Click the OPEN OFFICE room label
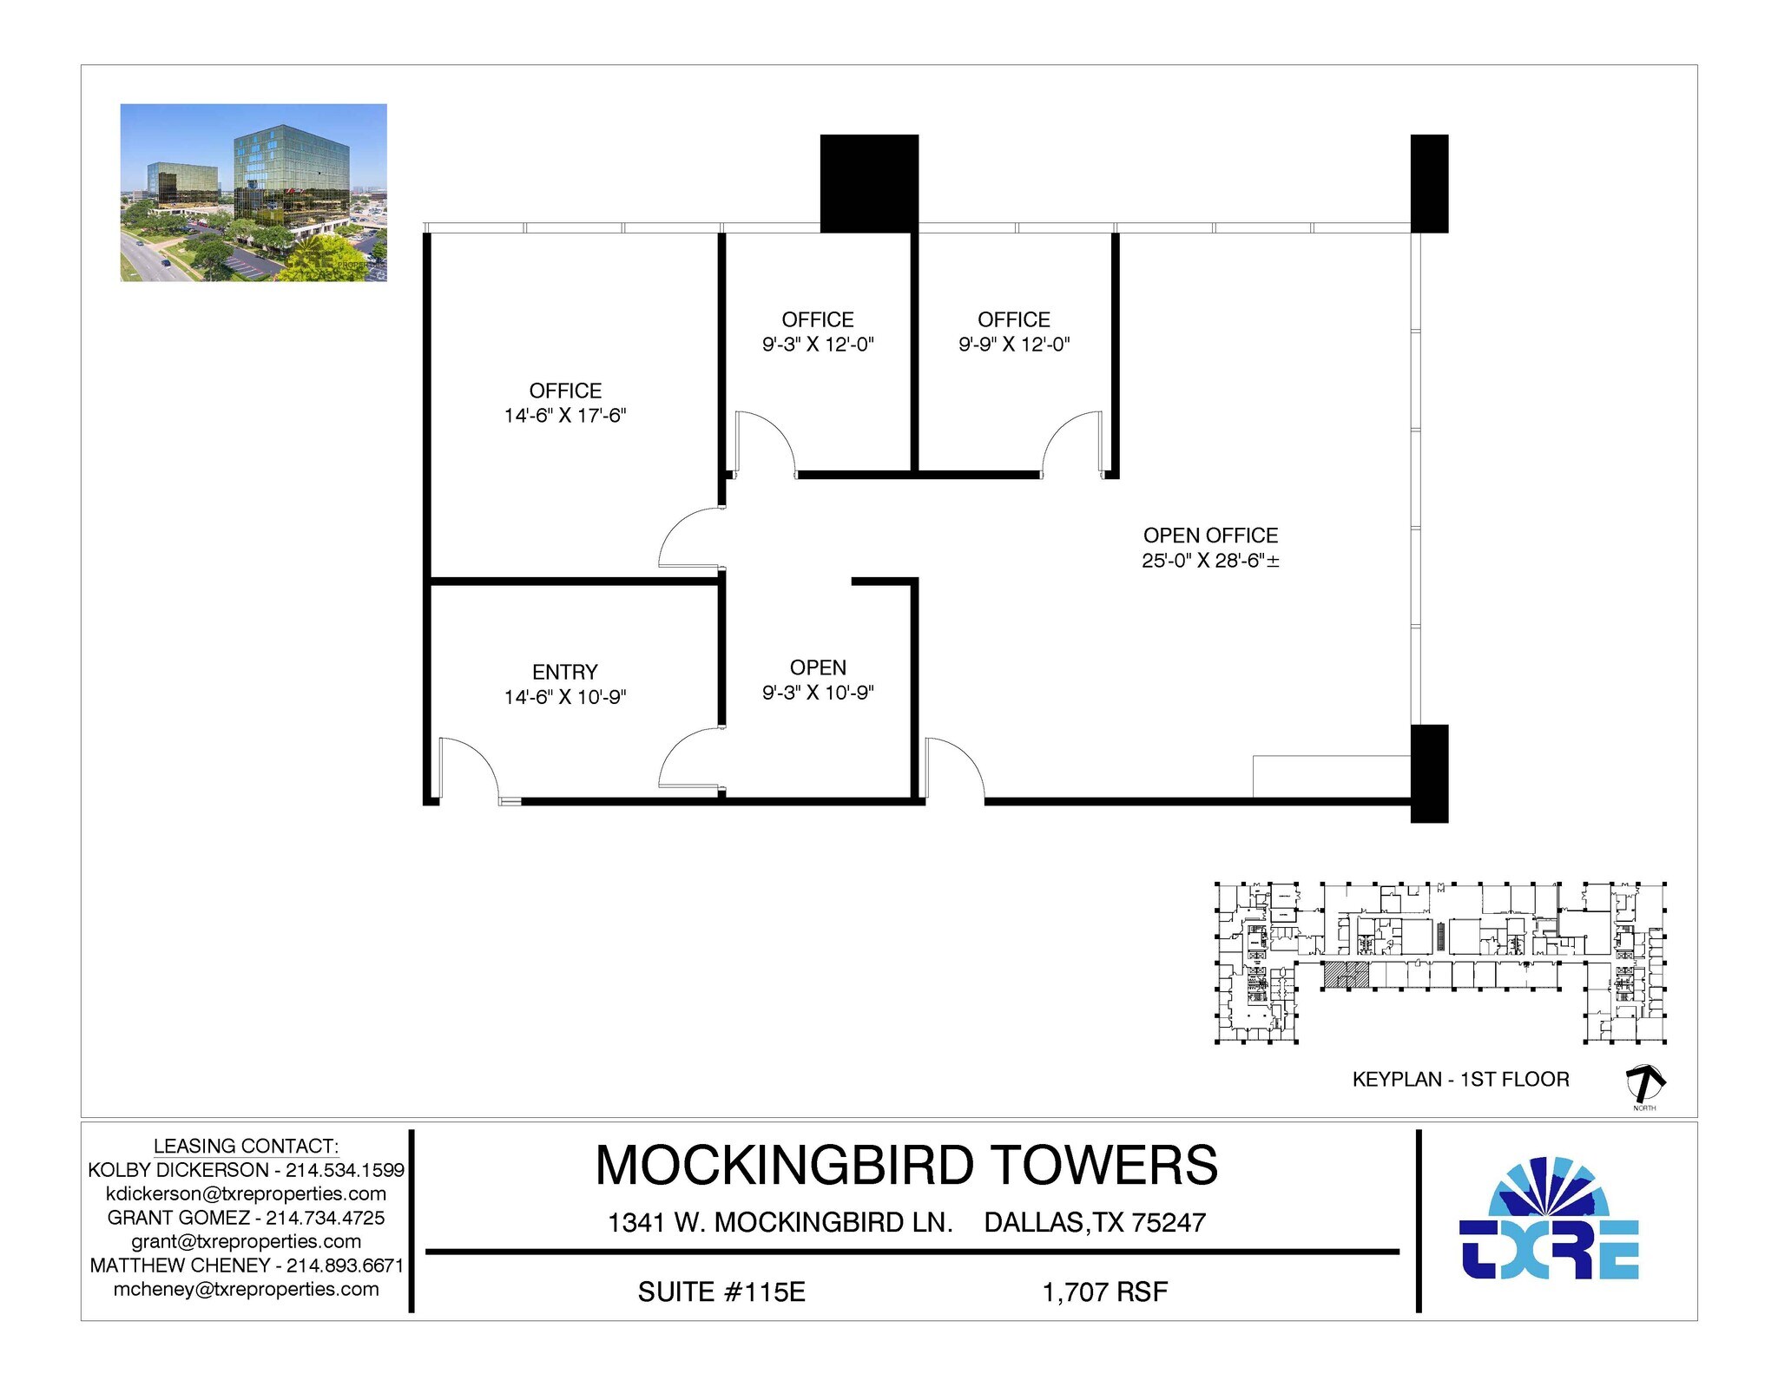(1210, 536)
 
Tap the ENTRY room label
(564, 672)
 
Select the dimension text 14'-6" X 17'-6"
(564, 416)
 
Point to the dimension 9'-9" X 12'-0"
(1013, 345)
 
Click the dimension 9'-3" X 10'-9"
(818, 693)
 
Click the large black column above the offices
(869, 183)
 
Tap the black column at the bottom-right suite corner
(1429, 773)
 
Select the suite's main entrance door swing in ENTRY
(467, 766)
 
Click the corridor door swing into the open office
(954, 766)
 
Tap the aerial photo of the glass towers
(254, 193)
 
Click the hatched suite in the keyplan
(1346, 975)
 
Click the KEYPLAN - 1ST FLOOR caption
(1460, 1080)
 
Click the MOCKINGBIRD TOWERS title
(905, 1165)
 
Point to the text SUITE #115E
(721, 1292)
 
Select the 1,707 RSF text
(1104, 1292)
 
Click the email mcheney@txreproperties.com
(246, 1289)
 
